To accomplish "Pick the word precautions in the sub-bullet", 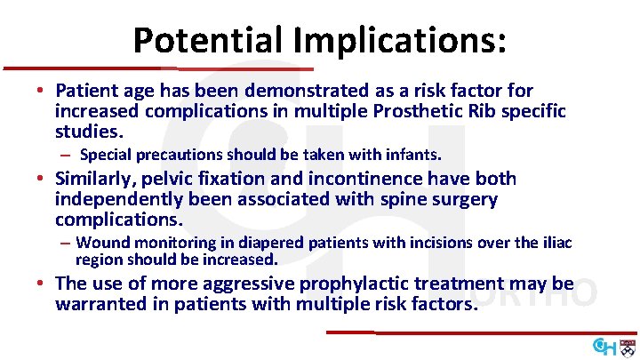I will tap(170, 155).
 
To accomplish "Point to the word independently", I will tap(117, 200).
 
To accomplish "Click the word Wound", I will tap(100, 243).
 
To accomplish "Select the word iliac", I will tap(556, 243).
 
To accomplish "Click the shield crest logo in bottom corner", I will tap(627, 345).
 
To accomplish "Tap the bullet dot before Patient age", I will tap(42, 92).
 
